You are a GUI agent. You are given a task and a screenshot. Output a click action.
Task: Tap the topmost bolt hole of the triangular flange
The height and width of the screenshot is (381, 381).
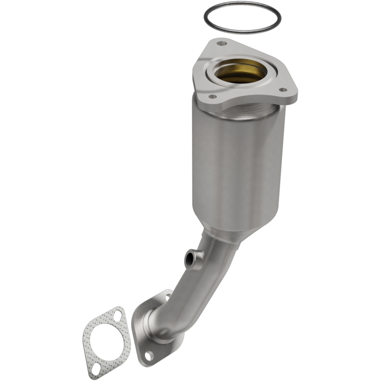[x=221, y=43]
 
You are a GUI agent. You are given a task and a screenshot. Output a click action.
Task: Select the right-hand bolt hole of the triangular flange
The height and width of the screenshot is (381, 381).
[x=282, y=90]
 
